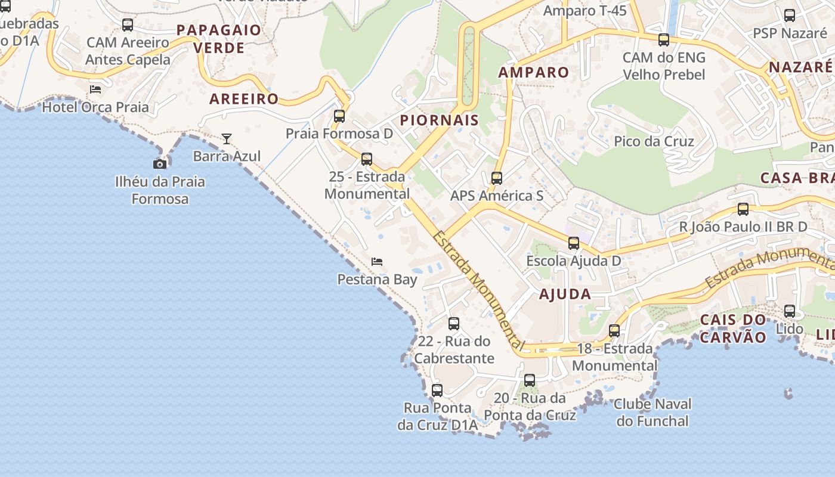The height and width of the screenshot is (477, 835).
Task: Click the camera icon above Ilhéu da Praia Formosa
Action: [x=160, y=164]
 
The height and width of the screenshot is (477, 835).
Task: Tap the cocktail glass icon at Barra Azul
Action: [x=227, y=139]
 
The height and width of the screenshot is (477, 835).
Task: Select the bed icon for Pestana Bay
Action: [x=377, y=262]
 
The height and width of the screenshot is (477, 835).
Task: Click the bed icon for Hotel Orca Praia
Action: [x=95, y=90]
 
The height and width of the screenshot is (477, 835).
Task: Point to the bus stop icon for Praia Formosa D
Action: [x=339, y=116]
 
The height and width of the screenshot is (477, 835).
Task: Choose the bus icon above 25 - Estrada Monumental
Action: [x=367, y=159]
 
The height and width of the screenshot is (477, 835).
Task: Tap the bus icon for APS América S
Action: [x=497, y=178]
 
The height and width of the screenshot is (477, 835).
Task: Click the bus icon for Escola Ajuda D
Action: [x=574, y=243]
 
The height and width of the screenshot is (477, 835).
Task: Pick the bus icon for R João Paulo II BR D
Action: [x=743, y=209]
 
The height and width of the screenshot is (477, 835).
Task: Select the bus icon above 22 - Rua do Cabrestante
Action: [x=454, y=324]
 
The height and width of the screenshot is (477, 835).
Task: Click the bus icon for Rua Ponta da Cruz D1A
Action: [x=437, y=391]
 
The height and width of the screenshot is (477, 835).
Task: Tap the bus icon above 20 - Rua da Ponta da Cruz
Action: [x=530, y=380]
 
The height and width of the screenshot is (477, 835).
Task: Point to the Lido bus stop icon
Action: [x=790, y=311]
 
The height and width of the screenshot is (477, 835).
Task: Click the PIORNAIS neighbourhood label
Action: [x=440, y=120]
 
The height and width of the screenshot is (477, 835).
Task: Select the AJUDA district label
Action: [x=565, y=294]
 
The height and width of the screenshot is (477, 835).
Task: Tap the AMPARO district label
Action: [x=534, y=73]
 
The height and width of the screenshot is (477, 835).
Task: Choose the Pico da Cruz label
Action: [x=654, y=141]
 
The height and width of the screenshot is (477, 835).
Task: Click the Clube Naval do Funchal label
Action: [x=652, y=412]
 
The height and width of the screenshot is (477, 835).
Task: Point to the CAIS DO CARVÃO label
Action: [x=733, y=329]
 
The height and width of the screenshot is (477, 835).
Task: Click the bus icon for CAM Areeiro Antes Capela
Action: [x=128, y=25]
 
